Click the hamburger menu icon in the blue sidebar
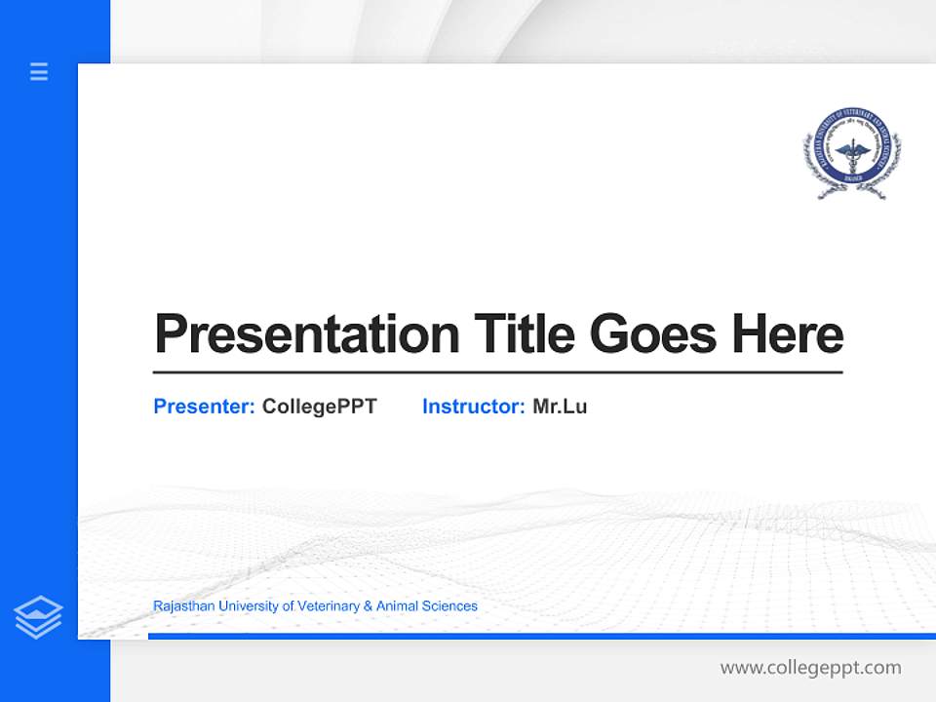coord(39,71)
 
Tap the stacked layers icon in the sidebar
coord(38,617)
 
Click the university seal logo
coord(852,153)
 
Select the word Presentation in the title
coord(306,334)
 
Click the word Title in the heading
coord(524,334)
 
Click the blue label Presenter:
coord(204,407)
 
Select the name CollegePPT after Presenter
coord(319,407)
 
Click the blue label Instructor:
coord(473,407)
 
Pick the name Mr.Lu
coord(560,407)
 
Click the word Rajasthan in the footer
coord(183,606)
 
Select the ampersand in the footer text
coord(368,606)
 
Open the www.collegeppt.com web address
coord(810,668)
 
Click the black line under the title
coord(497,371)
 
